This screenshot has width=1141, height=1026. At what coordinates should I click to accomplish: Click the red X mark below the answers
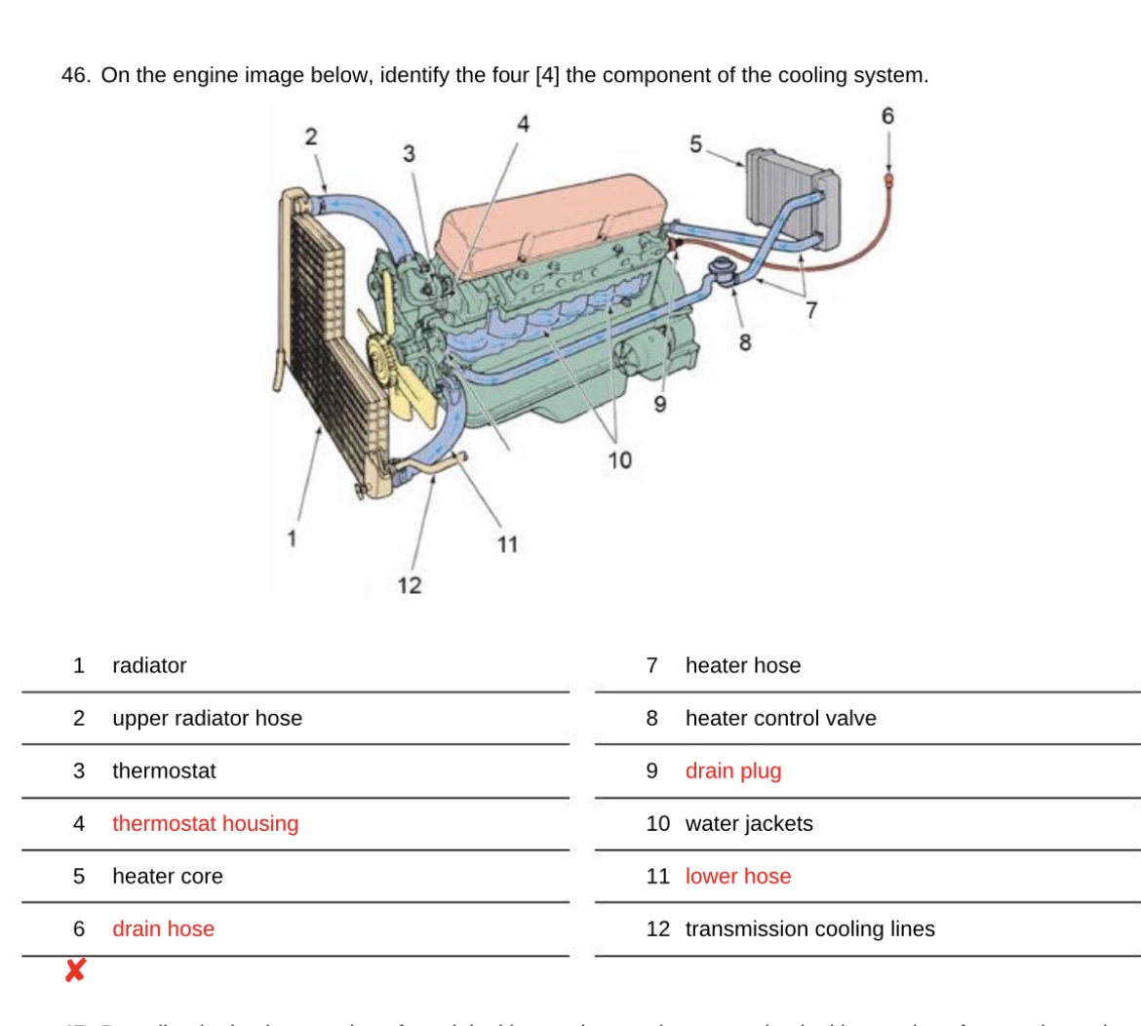pos(75,970)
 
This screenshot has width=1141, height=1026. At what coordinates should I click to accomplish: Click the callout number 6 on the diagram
pos(886,116)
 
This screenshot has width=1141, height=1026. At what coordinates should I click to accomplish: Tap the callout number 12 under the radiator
pos(410,585)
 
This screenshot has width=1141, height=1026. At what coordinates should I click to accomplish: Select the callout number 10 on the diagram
pos(620,459)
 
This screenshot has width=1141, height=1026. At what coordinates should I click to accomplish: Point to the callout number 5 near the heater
pos(695,144)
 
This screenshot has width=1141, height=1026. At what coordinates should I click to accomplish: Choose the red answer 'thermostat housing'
pos(205,823)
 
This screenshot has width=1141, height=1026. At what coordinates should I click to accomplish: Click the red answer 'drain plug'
pos(733,770)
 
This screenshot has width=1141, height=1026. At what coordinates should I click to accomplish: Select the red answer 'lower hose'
pos(738,876)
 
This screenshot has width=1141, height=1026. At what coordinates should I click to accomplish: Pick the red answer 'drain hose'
pos(163,928)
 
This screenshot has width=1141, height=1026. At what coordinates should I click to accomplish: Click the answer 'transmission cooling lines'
pos(809,928)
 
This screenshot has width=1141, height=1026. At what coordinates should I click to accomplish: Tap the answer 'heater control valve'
pos(780,718)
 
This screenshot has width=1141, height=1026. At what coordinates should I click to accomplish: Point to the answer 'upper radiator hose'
pos(207,718)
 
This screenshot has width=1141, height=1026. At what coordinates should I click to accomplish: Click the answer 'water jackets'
pos(749,823)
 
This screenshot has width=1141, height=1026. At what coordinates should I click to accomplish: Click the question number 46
pos(76,75)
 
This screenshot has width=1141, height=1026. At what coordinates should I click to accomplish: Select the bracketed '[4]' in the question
pos(547,75)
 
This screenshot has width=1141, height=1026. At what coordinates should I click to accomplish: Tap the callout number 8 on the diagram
pos(746,342)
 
